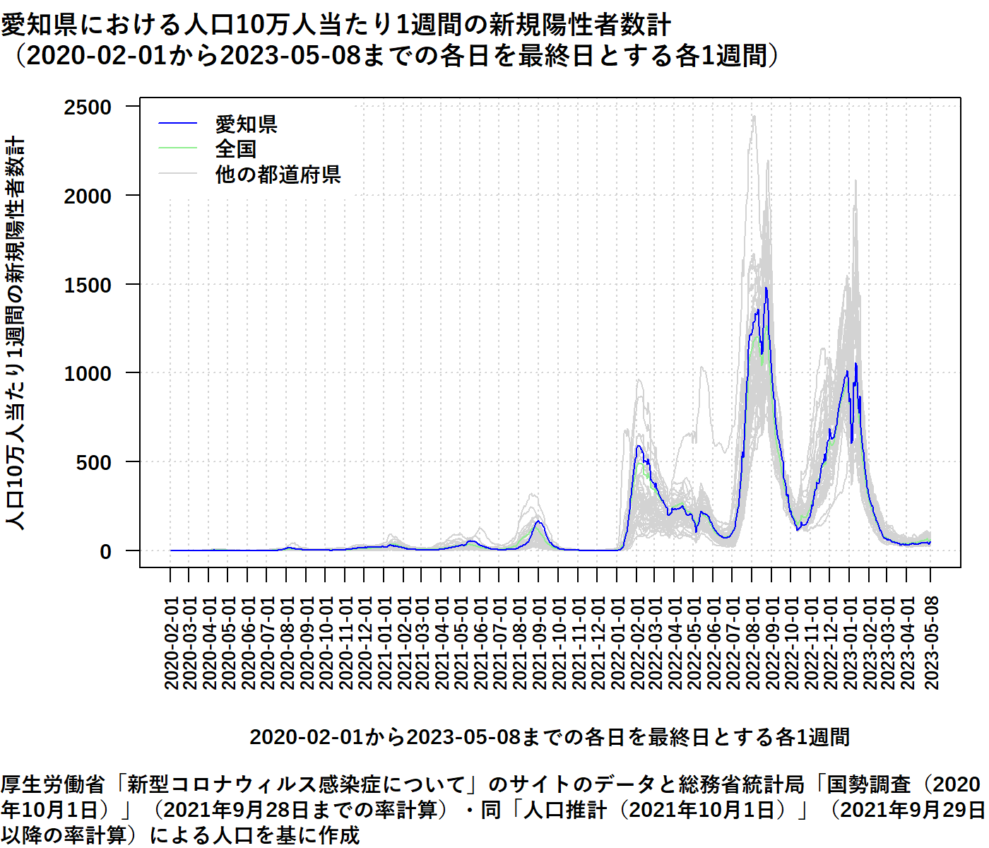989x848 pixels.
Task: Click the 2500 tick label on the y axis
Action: (x=88, y=107)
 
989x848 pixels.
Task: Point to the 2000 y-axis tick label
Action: (x=88, y=196)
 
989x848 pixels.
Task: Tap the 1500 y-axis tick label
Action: (x=88, y=285)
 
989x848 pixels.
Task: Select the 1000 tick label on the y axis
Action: (x=88, y=373)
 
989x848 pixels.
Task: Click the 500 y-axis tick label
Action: (x=94, y=462)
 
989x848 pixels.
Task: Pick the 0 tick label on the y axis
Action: (x=105, y=551)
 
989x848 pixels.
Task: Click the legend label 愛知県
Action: (x=246, y=124)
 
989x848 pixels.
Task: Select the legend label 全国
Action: (x=235, y=149)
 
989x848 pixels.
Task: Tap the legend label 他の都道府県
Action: (x=278, y=174)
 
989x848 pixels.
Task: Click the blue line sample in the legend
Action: (x=177, y=124)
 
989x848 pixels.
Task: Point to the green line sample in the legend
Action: (x=177, y=148)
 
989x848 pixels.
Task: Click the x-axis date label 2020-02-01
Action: (x=171, y=642)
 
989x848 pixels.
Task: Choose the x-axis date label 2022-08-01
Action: (x=752, y=642)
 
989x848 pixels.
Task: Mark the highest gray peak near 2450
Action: (x=754, y=117)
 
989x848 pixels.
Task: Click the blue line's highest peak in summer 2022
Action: (x=766, y=288)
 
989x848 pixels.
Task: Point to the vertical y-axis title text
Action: (x=16, y=332)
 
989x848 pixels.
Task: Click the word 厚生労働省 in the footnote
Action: (x=53, y=784)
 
